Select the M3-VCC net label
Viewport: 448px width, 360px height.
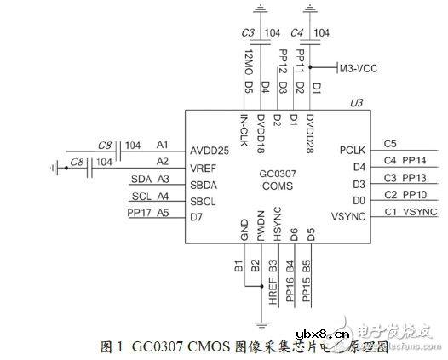pyautogui.click(x=359, y=66)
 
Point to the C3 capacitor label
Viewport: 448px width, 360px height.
pyautogui.click(x=249, y=32)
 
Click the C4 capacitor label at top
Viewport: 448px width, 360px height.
pyautogui.click(x=297, y=32)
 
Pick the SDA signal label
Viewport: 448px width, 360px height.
pyautogui.click(x=141, y=179)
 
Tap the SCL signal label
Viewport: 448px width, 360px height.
pyautogui.click(x=141, y=196)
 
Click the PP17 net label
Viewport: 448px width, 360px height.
pyautogui.click(x=139, y=212)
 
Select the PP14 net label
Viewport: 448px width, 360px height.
pyautogui.click(x=414, y=160)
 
